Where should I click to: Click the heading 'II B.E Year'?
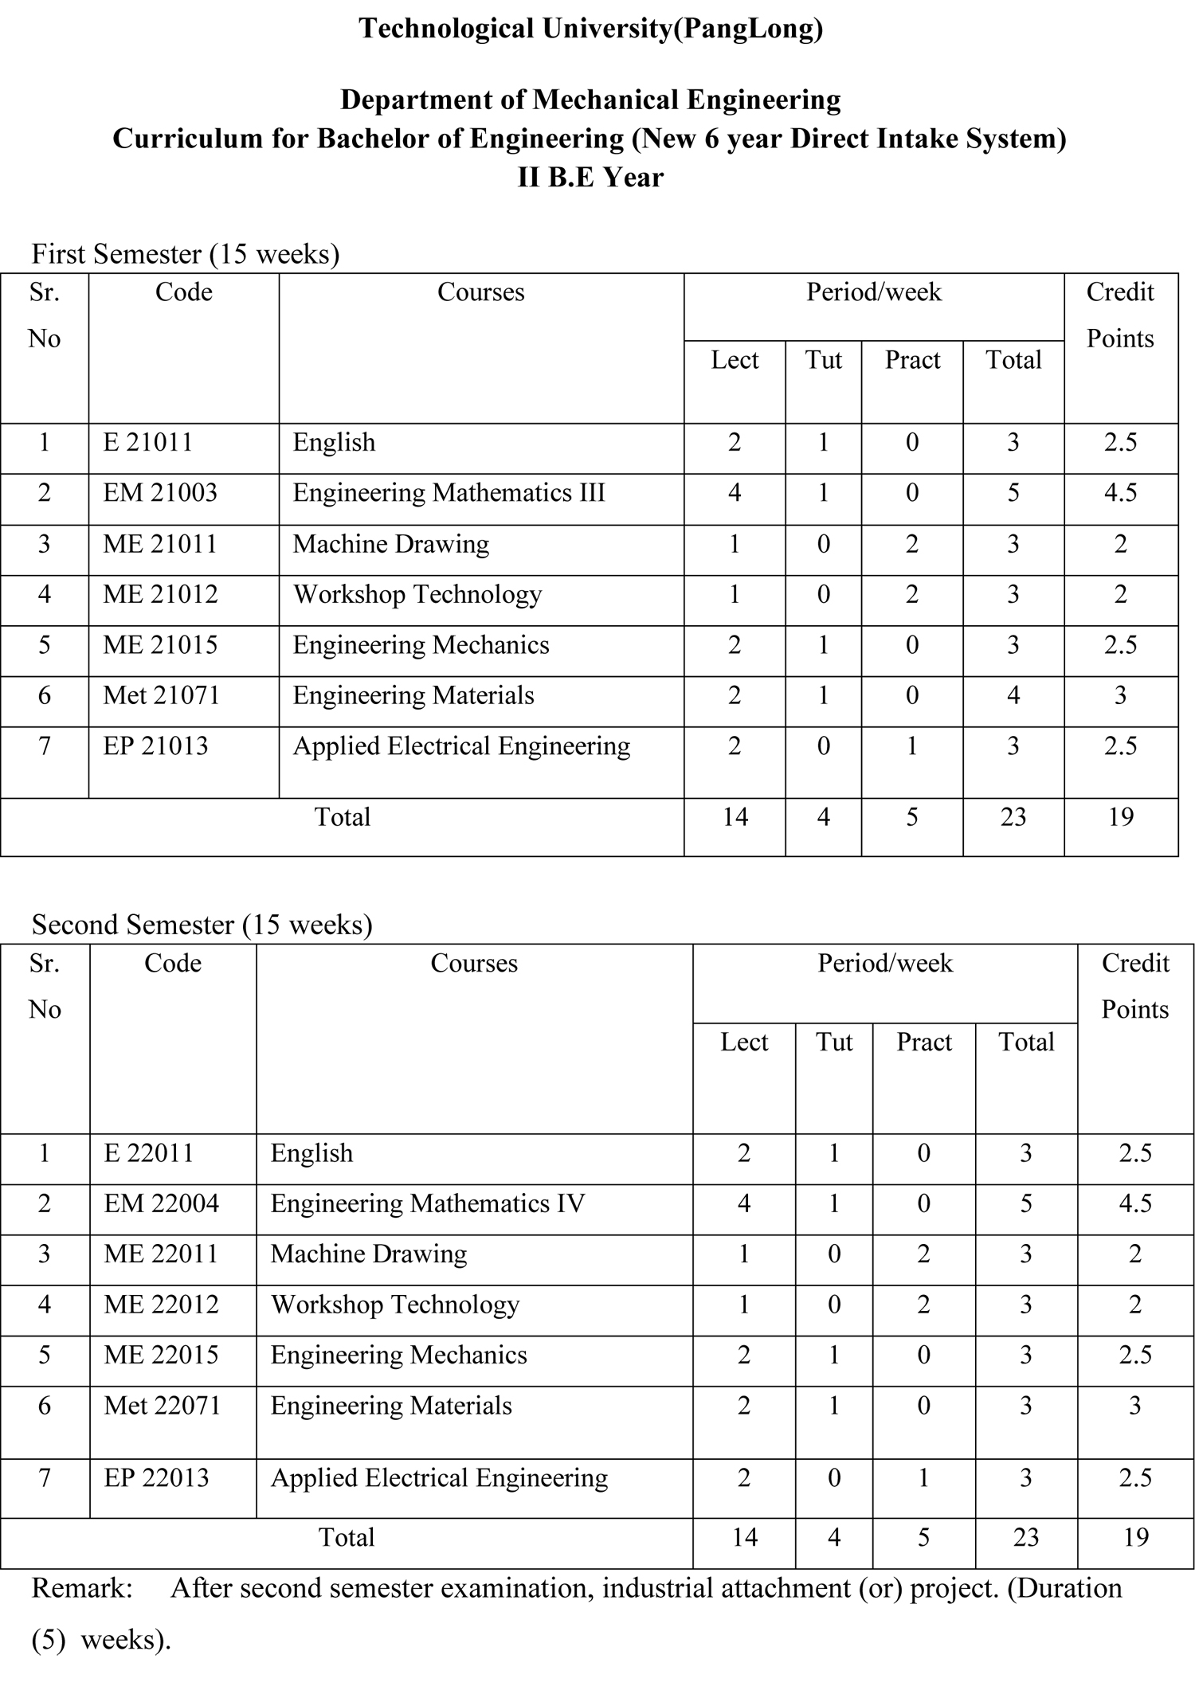tap(590, 177)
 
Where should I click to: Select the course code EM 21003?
tap(160, 493)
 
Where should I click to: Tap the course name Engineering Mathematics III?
tap(449, 493)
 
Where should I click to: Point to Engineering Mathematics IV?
tap(428, 1203)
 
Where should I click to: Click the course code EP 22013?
tap(156, 1477)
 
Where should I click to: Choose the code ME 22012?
tap(161, 1304)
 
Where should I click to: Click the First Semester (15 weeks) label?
tap(186, 254)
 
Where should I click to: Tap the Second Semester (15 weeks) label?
tap(202, 925)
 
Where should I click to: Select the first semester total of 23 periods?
tap(1013, 817)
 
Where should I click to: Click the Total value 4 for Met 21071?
tap(1013, 695)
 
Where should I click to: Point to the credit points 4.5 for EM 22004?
tap(1135, 1203)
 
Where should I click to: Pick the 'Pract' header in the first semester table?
tap(912, 360)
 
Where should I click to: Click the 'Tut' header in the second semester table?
tap(834, 1042)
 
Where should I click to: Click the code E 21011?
tap(148, 442)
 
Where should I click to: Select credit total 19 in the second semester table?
tap(1135, 1537)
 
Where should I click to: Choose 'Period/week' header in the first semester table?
tap(874, 292)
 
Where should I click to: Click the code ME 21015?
tap(160, 644)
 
